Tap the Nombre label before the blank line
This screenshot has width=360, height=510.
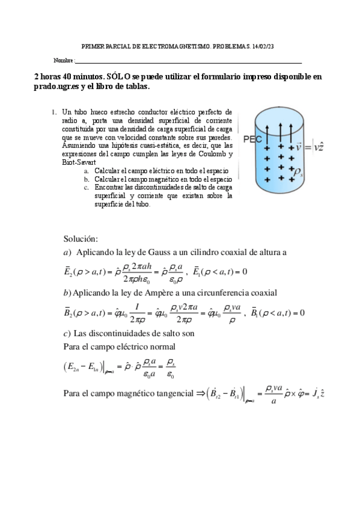[x=63, y=61]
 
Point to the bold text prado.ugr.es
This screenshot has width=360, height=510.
[x=56, y=87]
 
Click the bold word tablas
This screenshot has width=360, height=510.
[x=136, y=87]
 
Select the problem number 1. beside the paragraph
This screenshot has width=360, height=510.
[x=54, y=112]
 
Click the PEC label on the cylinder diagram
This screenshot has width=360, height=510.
[x=252, y=139]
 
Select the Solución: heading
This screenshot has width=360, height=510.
[x=84, y=239]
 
